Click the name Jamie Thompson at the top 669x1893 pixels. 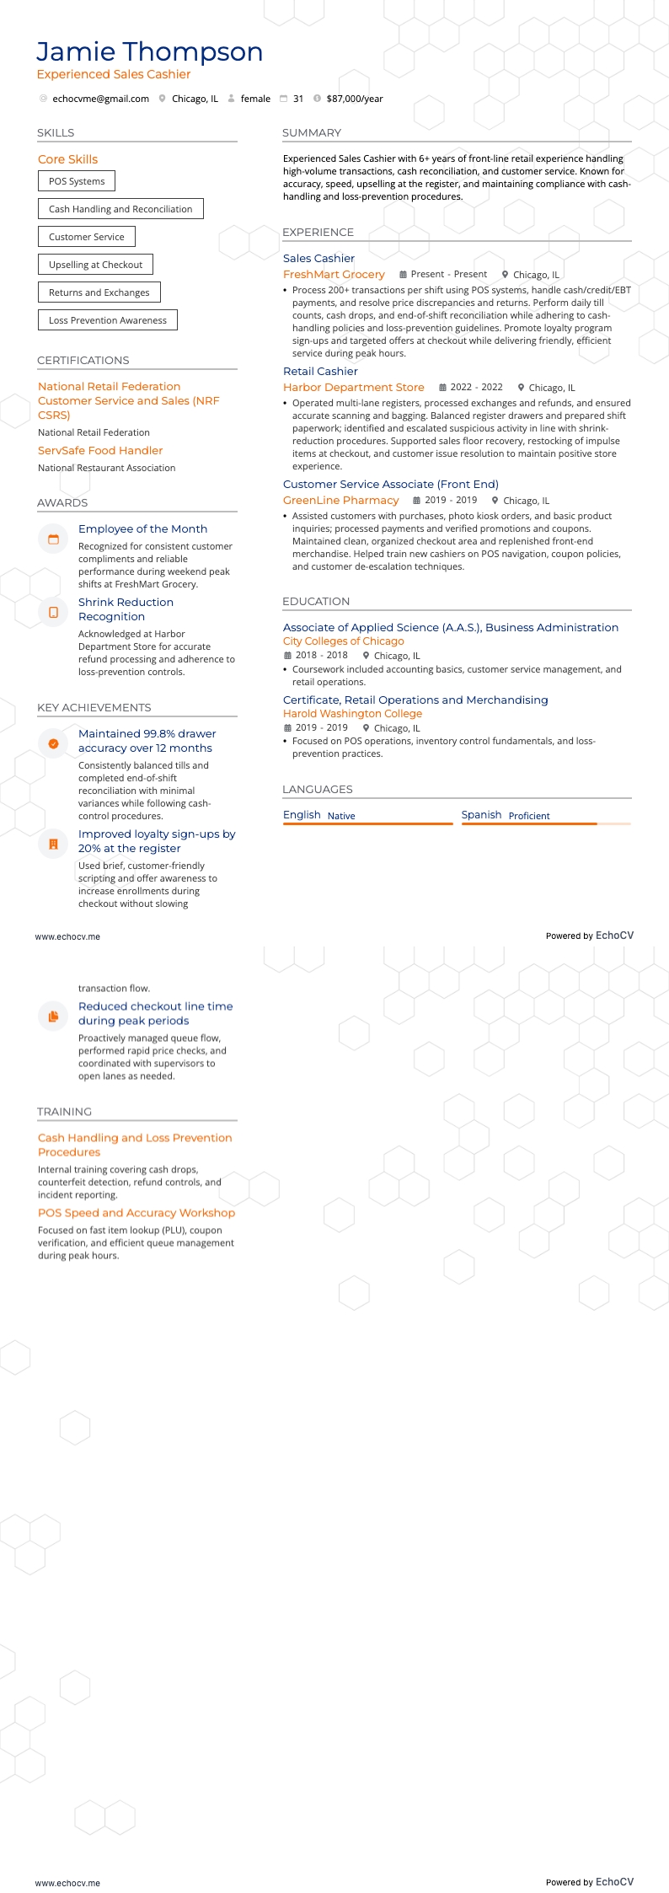tap(149, 52)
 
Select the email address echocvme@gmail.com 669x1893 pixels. tap(100, 99)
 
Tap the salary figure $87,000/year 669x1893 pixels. tap(354, 99)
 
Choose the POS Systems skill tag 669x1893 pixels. tap(77, 181)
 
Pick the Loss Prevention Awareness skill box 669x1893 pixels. tap(108, 320)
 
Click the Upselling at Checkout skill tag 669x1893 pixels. tap(95, 265)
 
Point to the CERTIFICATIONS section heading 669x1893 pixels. tap(83, 360)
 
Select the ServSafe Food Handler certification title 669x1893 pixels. tap(100, 451)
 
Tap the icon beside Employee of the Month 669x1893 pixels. tap(53, 539)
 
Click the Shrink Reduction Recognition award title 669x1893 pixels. tap(126, 609)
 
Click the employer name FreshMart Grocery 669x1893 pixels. tap(334, 275)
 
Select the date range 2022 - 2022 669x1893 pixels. tap(476, 388)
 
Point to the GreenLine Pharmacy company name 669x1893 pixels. tap(340, 501)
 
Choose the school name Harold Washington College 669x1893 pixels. tap(352, 714)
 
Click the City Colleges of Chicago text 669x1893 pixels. tap(343, 641)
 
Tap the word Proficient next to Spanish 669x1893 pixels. tap(529, 816)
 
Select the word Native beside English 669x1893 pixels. tap(341, 816)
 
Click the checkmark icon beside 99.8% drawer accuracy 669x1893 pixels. tap(53, 743)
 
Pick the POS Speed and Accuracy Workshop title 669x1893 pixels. tap(136, 1213)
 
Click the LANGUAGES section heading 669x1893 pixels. tap(318, 790)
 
